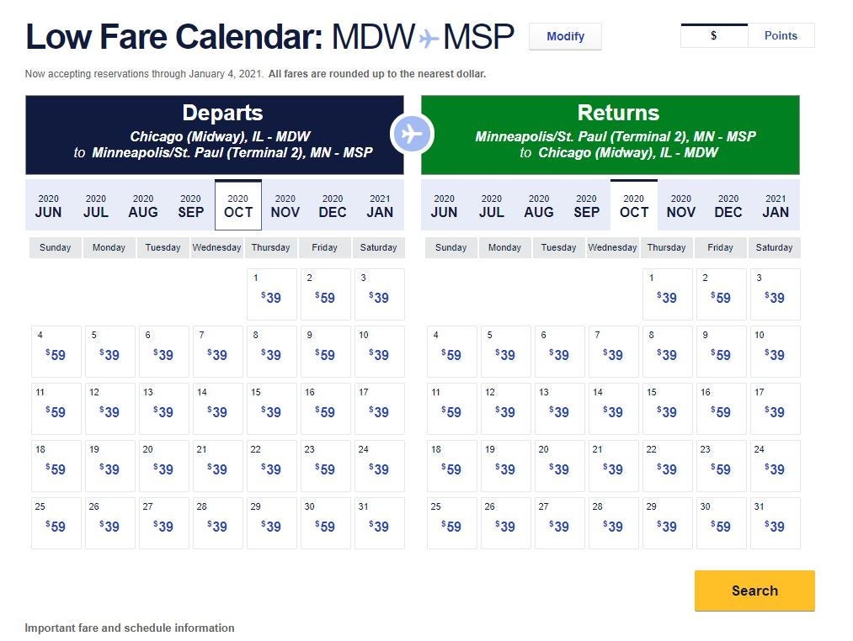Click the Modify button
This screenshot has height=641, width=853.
(565, 36)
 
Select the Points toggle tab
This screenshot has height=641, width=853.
(781, 35)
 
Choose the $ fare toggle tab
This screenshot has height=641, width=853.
(714, 35)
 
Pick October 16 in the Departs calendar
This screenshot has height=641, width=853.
(325, 408)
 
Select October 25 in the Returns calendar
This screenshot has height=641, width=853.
(452, 522)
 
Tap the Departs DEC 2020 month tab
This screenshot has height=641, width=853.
(333, 205)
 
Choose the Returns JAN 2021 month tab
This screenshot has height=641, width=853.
(776, 205)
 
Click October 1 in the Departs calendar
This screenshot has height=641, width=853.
(271, 294)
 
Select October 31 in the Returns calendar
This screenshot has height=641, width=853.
(775, 522)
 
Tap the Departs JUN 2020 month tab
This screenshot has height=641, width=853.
(49, 205)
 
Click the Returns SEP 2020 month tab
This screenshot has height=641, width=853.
(587, 205)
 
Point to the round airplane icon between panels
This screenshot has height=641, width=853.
(412, 134)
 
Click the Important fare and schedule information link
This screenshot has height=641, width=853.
(130, 628)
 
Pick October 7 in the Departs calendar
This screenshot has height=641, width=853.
(217, 351)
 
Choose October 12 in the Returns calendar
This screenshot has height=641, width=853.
(506, 408)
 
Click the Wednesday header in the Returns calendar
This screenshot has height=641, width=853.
(612, 247)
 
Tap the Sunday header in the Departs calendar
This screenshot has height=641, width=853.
(56, 247)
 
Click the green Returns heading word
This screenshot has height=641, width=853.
(618, 114)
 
